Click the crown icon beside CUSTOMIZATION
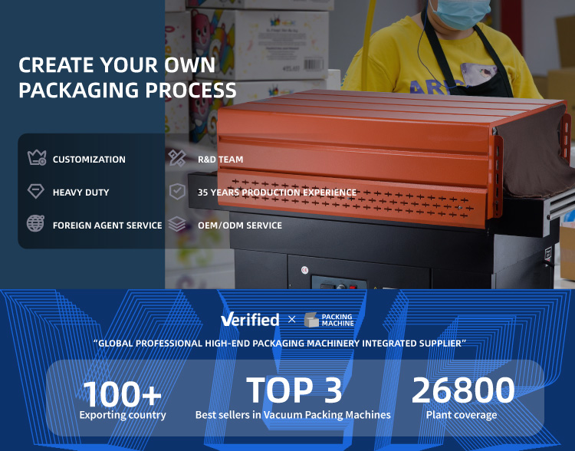coord(37,158)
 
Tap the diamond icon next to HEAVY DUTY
coord(35,191)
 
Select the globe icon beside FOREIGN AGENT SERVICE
coord(35,223)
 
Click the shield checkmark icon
coord(177,191)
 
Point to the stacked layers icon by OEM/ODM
coord(177,224)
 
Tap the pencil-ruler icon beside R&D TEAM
coord(177,158)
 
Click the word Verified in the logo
coord(250,319)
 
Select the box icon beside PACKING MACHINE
coord(311,320)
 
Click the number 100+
coord(122,393)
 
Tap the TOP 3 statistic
coord(294,390)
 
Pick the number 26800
coord(463,390)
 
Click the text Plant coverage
coord(462,415)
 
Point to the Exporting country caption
coord(123,415)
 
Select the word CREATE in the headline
coord(56,65)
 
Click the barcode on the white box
coord(314,64)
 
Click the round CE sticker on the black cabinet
coord(304,270)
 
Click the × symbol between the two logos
coord(291,319)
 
